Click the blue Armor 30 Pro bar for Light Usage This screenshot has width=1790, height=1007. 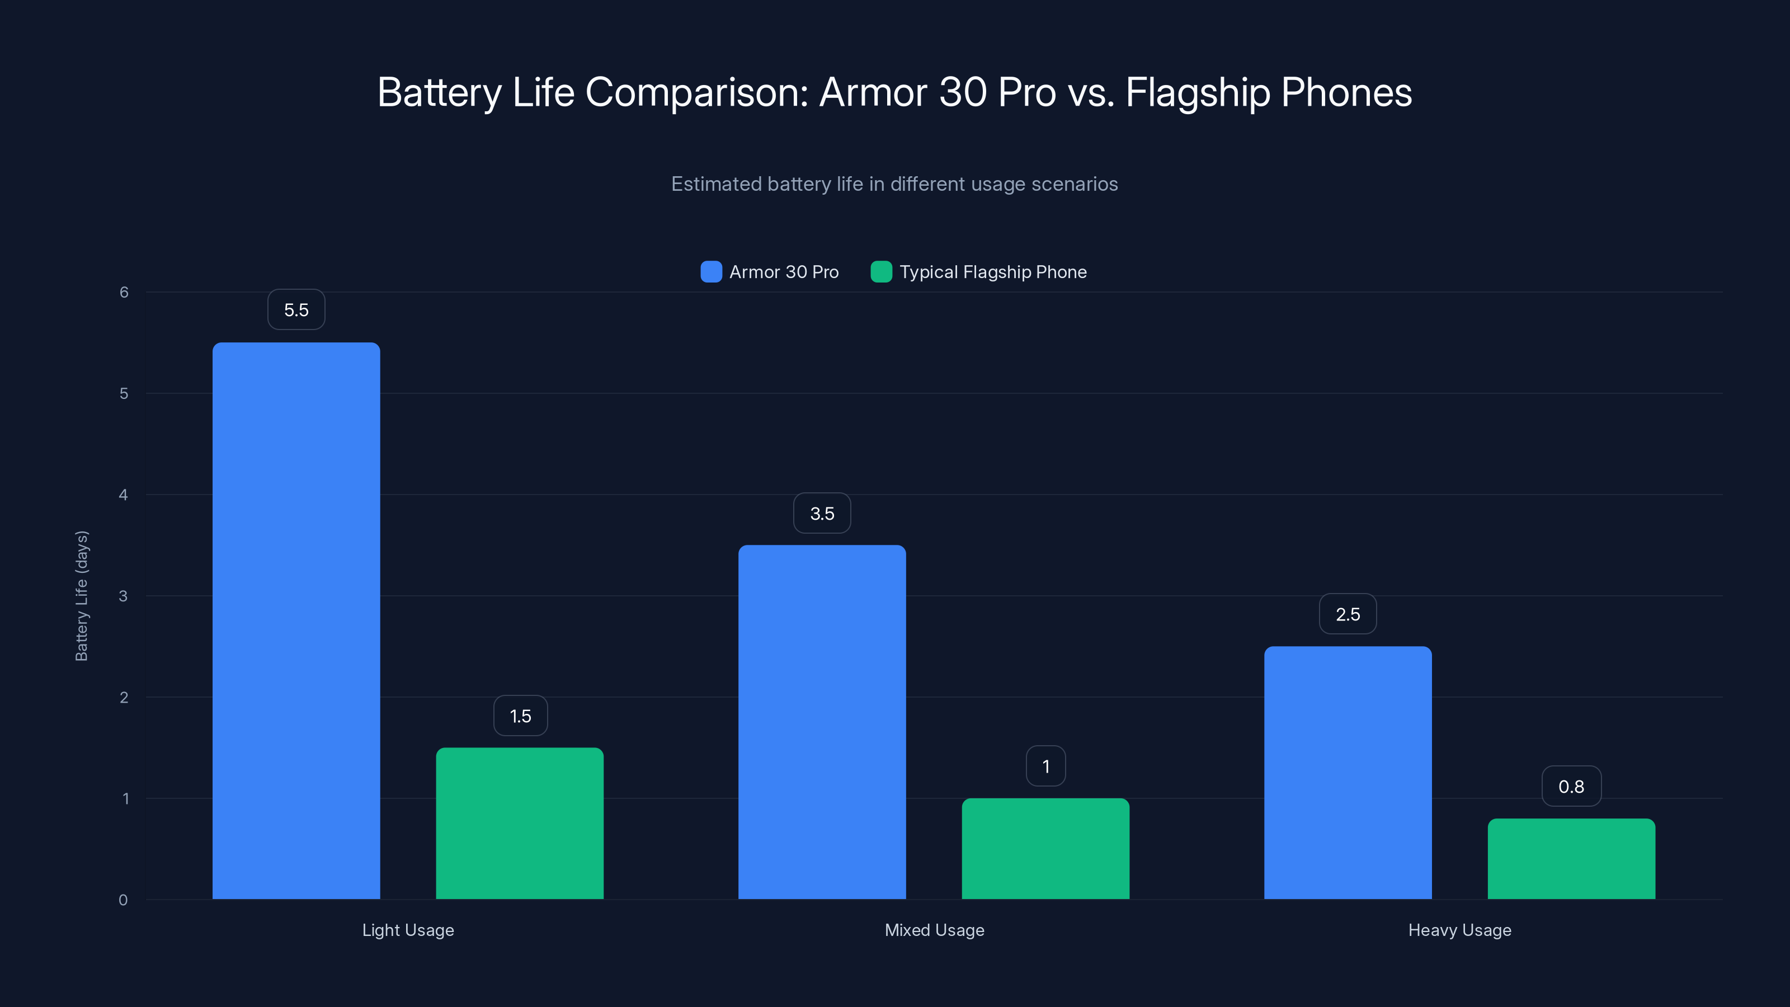click(296, 620)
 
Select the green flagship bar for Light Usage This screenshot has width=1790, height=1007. click(520, 823)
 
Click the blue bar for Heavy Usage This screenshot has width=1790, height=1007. click(1348, 772)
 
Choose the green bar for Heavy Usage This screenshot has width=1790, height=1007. click(1571, 858)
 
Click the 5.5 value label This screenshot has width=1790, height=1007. click(296, 310)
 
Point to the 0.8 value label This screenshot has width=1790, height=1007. click(1571, 787)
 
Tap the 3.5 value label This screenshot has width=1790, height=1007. click(822, 514)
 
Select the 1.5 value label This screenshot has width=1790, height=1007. click(520, 716)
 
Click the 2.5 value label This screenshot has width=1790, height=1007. click(1348, 614)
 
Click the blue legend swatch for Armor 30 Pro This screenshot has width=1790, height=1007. click(711, 272)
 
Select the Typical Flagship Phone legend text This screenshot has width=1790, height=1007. click(993, 272)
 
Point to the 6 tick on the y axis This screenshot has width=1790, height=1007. click(124, 293)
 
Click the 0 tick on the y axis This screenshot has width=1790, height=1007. click(123, 900)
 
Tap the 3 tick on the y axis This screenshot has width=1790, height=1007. click(123, 596)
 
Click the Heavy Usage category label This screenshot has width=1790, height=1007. click(1459, 930)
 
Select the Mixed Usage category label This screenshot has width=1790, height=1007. click(934, 930)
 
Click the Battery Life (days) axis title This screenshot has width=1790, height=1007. click(81, 596)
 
